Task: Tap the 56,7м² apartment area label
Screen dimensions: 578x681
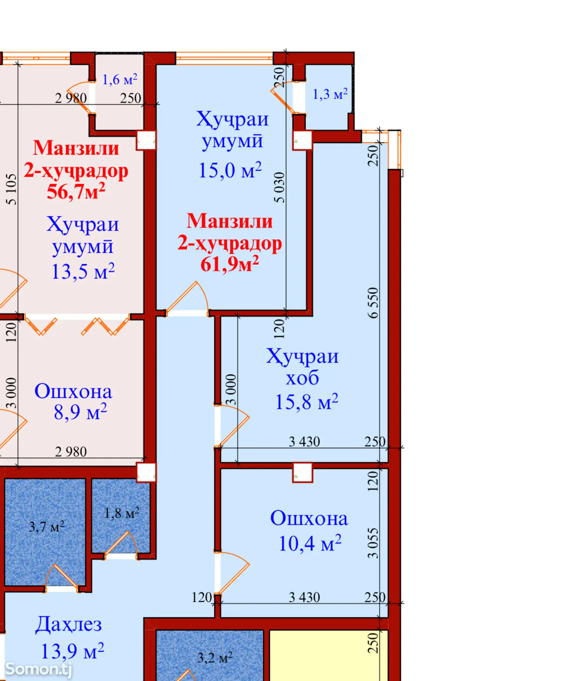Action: click(x=76, y=191)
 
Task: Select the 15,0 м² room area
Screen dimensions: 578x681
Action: click(x=230, y=170)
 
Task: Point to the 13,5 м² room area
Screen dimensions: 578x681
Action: click(x=83, y=272)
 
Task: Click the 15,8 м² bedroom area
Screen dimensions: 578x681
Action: click(x=307, y=402)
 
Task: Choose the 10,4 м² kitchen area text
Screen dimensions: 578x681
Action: click(x=310, y=543)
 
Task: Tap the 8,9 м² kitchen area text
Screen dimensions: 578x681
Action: click(x=80, y=412)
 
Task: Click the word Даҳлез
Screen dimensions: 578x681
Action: click(x=69, y=625)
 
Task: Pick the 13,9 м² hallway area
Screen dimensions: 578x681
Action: click(x=73, y=651)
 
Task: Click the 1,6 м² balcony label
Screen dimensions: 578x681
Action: click(x=120, y=79)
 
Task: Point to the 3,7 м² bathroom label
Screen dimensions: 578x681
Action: click(x=47, y=527)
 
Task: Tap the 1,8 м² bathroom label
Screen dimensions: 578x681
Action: click(x=122, y=513)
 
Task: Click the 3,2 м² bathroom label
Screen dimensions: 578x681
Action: click(x=215, y=657)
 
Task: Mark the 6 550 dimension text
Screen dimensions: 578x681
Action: click(x=373, y=303)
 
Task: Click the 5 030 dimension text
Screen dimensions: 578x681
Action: click(x=279, y=187)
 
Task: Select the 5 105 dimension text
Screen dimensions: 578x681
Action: click(x=11, y=190)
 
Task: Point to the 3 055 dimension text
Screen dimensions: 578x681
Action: click(x=373, y=543)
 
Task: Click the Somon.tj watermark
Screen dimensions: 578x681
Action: click(x=39, y=669)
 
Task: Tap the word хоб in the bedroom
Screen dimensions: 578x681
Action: click(x=302, y=378)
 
